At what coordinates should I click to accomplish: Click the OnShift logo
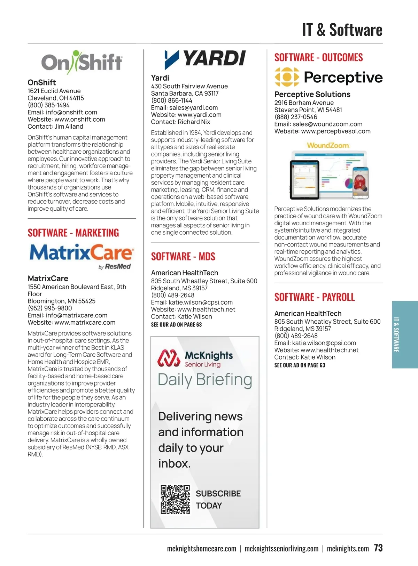pos(82,62)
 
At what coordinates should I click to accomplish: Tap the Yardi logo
pos(205,59)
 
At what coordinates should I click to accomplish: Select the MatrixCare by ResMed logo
pos(82,256)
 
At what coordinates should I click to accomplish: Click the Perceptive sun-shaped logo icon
pos(287,77)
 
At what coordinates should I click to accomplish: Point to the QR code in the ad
pos(175,499)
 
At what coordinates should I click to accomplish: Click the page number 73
pos(378,548)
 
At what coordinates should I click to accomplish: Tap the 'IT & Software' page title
pos(342,30)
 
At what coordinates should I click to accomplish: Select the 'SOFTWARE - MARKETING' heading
pos(73,233)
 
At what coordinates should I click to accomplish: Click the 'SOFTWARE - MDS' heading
pos(183,257)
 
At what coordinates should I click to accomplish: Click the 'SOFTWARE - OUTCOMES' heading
pos(318,57)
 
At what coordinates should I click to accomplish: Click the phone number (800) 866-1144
pos(171,100)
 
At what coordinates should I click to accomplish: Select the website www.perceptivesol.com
pos(335,131)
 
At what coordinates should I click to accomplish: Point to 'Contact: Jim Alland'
pos(55,127)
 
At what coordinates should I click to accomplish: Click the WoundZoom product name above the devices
pos(327,145)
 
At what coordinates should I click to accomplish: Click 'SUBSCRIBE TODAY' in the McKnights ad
pos(218,499)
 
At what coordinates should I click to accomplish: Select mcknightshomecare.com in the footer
pos(201,549)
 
